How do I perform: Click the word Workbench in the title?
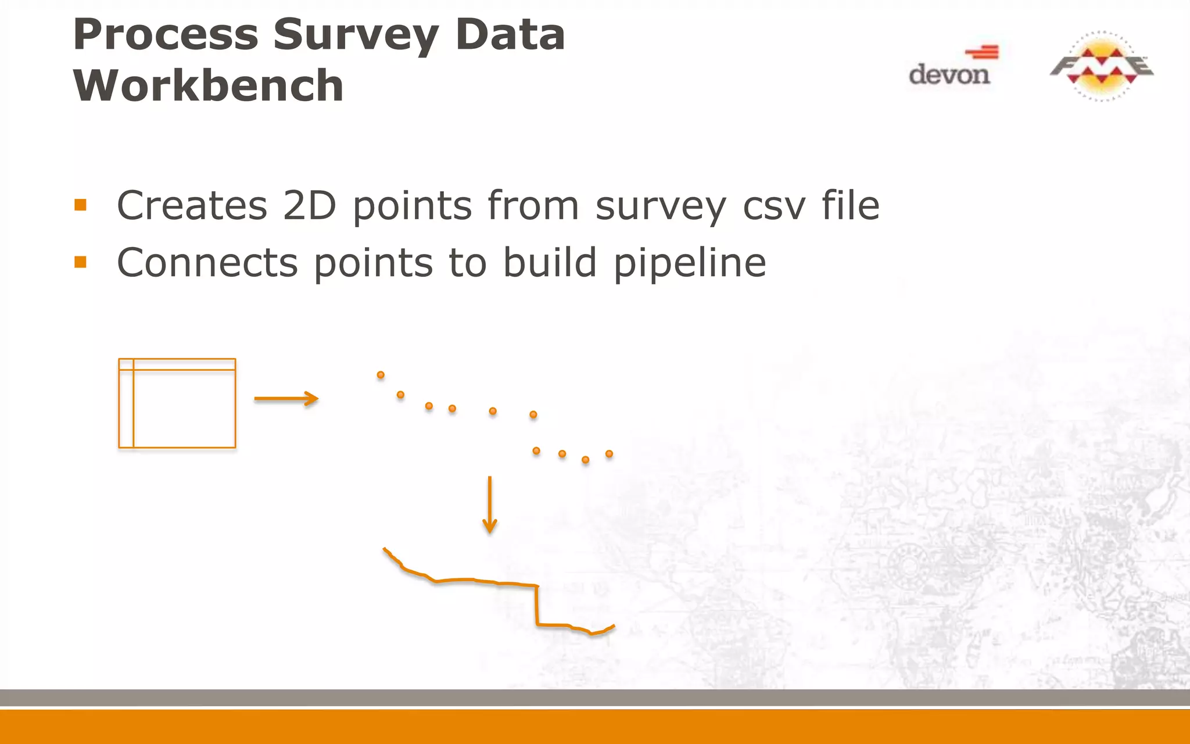[x=208, y=85]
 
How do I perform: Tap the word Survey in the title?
[x=355, y=35]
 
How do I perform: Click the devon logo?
[x=951, y=67]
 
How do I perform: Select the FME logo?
[x=1101, y=66]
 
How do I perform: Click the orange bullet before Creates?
[x=81, y=205]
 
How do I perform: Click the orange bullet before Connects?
[x=81, y=263]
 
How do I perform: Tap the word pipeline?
[x=690, y=263]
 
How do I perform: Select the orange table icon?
[x=177, y=403]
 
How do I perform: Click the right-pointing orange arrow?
[x=286, y=399]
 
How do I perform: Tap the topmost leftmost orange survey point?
[x=381, y=375]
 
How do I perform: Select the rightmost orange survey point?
[x=609, y=453]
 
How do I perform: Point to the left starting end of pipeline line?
[x=385, y=549]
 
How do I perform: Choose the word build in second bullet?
[x=550, y=263]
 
